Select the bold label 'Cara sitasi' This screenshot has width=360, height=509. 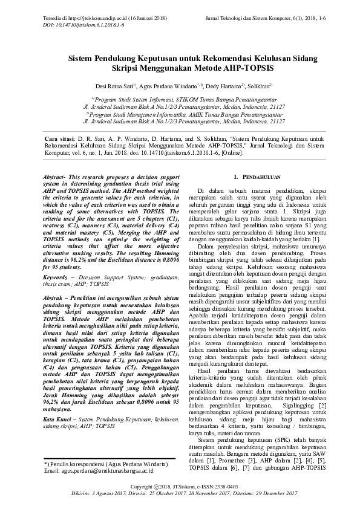62,139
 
